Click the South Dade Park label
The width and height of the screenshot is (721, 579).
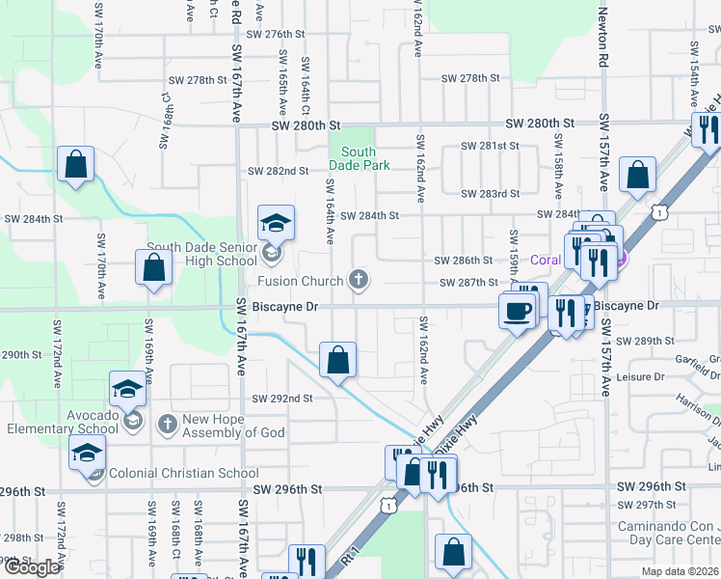pyautogui.click(x=358, y=158)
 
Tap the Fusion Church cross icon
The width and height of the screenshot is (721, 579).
pyautogui.click(x=359, y=281)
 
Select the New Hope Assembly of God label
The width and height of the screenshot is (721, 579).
pyautogui.click(x=234, y=426)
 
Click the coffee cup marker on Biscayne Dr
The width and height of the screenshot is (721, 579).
pyautogui.click(x=517, y=312)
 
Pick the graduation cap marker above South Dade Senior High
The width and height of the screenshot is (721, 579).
pyautogui.click(x=276, y=224)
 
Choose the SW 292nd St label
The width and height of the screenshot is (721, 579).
pyautogui.click(x=282, y=399)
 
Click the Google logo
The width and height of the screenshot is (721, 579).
pyautogui.click(x=31, y=567)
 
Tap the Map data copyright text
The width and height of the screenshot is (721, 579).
pyautogui.click(x=680, y=571)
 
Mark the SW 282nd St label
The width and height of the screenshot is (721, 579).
pyautogui.click(x=278, y=171)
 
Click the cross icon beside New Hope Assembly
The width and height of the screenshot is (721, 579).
pyautogui.click(x=167, y=423)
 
